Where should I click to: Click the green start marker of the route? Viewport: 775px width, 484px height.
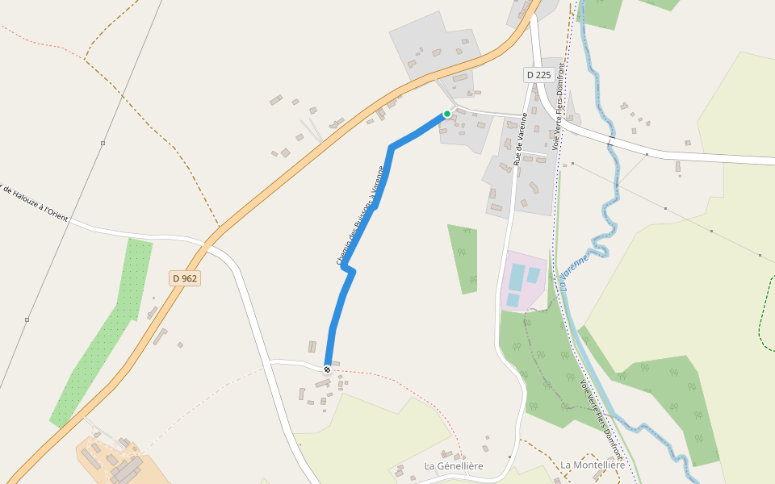(x=446, y=114)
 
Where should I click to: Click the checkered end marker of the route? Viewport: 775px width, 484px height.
(x=327, y=369)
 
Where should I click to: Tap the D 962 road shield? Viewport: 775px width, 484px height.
(x=185, y=278)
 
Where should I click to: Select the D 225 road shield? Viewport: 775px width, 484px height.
(x=538, y=75)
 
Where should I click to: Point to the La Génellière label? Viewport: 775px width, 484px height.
(x=454, y=466)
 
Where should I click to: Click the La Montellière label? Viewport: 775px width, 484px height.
(x=593, y=465)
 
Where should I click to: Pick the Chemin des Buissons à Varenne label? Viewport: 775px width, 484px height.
(x=360, y=215)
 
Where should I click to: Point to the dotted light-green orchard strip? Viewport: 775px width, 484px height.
(x=105, y=339)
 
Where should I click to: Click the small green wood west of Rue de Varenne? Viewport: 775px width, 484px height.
(x=463, y=258)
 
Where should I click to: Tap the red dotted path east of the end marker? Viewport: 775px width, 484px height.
(x=404, y=379)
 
